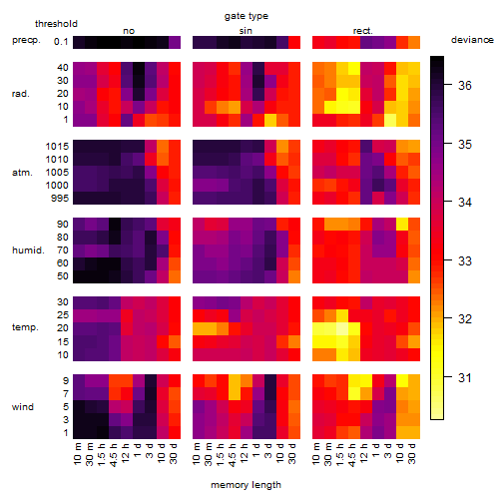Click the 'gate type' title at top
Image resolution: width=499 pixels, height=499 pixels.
click(247, 16)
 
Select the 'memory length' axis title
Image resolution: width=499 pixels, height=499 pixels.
click(246, 485)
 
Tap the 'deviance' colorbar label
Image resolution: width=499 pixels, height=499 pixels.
click(472, 40)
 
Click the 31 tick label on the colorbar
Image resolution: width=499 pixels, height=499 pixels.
click(465, 377)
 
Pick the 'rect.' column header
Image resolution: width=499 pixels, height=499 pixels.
click(363, 31)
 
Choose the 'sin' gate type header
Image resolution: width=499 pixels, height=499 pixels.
click(246, 31)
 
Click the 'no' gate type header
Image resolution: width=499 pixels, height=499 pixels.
click(129, 31)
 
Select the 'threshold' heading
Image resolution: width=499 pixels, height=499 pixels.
click(56, 24)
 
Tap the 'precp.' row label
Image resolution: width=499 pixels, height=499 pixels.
click(26, 40)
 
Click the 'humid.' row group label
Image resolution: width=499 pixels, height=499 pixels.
click(28, 250)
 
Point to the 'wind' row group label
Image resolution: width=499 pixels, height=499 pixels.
click(23, 407)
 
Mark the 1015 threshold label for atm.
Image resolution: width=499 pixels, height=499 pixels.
click(57, 147)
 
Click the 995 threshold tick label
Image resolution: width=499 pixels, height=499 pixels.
click(60, 199)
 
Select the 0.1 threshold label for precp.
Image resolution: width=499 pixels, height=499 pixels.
click(61, 42)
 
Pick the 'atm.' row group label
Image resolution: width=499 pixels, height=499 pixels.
click(22, 173)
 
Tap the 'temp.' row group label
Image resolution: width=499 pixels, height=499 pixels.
click(25, 327)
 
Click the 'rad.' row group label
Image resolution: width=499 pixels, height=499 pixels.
click(21, 94)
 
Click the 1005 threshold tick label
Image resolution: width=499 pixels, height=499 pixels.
click(57, 173)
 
